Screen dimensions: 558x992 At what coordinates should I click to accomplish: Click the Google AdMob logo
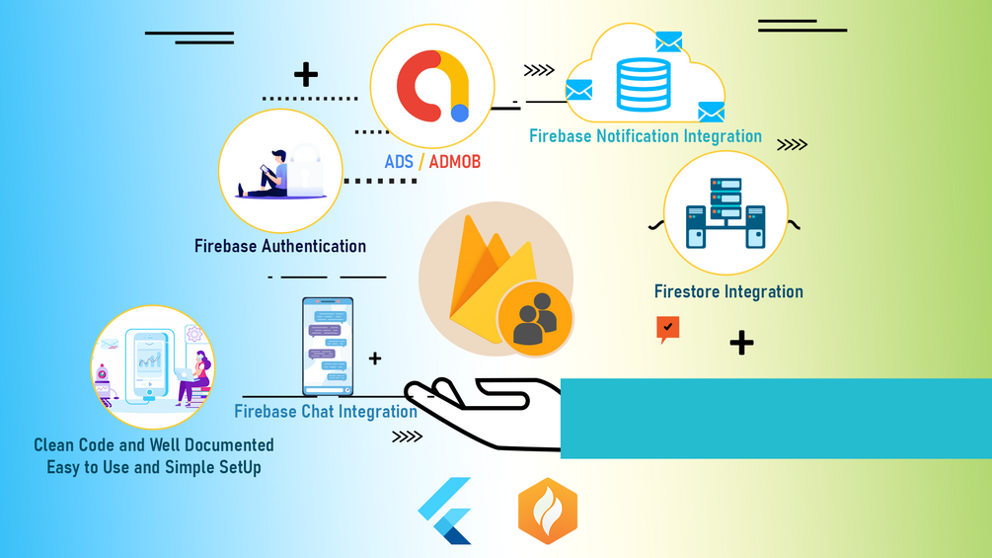tap(431, 85)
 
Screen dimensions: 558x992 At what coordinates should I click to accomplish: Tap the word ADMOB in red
tap(454, 161)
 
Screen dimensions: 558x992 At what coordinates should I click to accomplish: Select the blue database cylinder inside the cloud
tap(643, 84)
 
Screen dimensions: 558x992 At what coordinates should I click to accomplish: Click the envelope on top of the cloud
tap(668, 41)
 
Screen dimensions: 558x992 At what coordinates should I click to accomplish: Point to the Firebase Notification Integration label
tap(645, 136)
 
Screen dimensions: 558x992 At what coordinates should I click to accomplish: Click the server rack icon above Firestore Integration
tap(725, 212)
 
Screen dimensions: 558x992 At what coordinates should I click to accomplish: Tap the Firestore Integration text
tap(728, 291)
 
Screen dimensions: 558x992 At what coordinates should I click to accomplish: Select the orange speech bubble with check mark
tap(668, 328)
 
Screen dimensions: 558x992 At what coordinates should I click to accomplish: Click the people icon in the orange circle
tap(534, 319)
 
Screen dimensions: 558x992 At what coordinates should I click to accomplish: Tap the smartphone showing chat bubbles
tap(328, 346)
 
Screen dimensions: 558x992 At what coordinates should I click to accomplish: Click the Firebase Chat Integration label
tap(325, 411)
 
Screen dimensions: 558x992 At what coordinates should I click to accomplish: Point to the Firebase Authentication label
tap(280, 246)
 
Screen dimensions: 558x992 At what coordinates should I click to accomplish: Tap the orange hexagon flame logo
tap(548, 512)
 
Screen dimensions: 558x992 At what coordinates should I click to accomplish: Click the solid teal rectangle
tap(775, 418)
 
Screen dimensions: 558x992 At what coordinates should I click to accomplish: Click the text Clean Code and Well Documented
tap(154, 445)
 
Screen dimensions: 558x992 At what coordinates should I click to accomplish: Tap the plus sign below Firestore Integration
tap(741, 343)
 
